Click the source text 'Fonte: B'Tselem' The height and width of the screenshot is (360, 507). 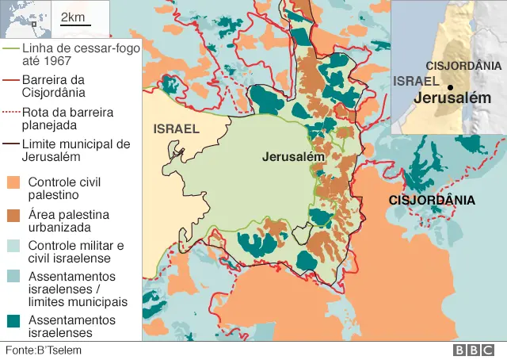44,350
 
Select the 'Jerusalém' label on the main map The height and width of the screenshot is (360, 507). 293,157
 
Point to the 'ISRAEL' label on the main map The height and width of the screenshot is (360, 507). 176,128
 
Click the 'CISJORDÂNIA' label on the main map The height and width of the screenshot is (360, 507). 432,200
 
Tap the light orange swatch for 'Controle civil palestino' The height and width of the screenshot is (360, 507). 14,182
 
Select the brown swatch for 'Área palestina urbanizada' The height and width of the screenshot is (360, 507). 14,215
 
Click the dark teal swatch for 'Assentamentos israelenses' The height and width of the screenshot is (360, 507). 14,320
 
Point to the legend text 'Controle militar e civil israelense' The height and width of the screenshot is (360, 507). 76,251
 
